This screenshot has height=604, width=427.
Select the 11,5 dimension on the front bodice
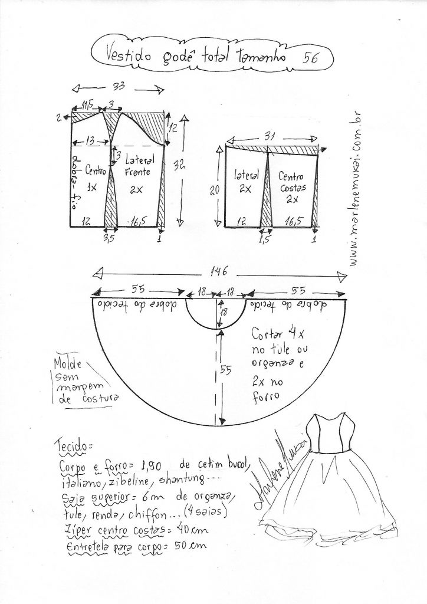pos(88,105)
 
